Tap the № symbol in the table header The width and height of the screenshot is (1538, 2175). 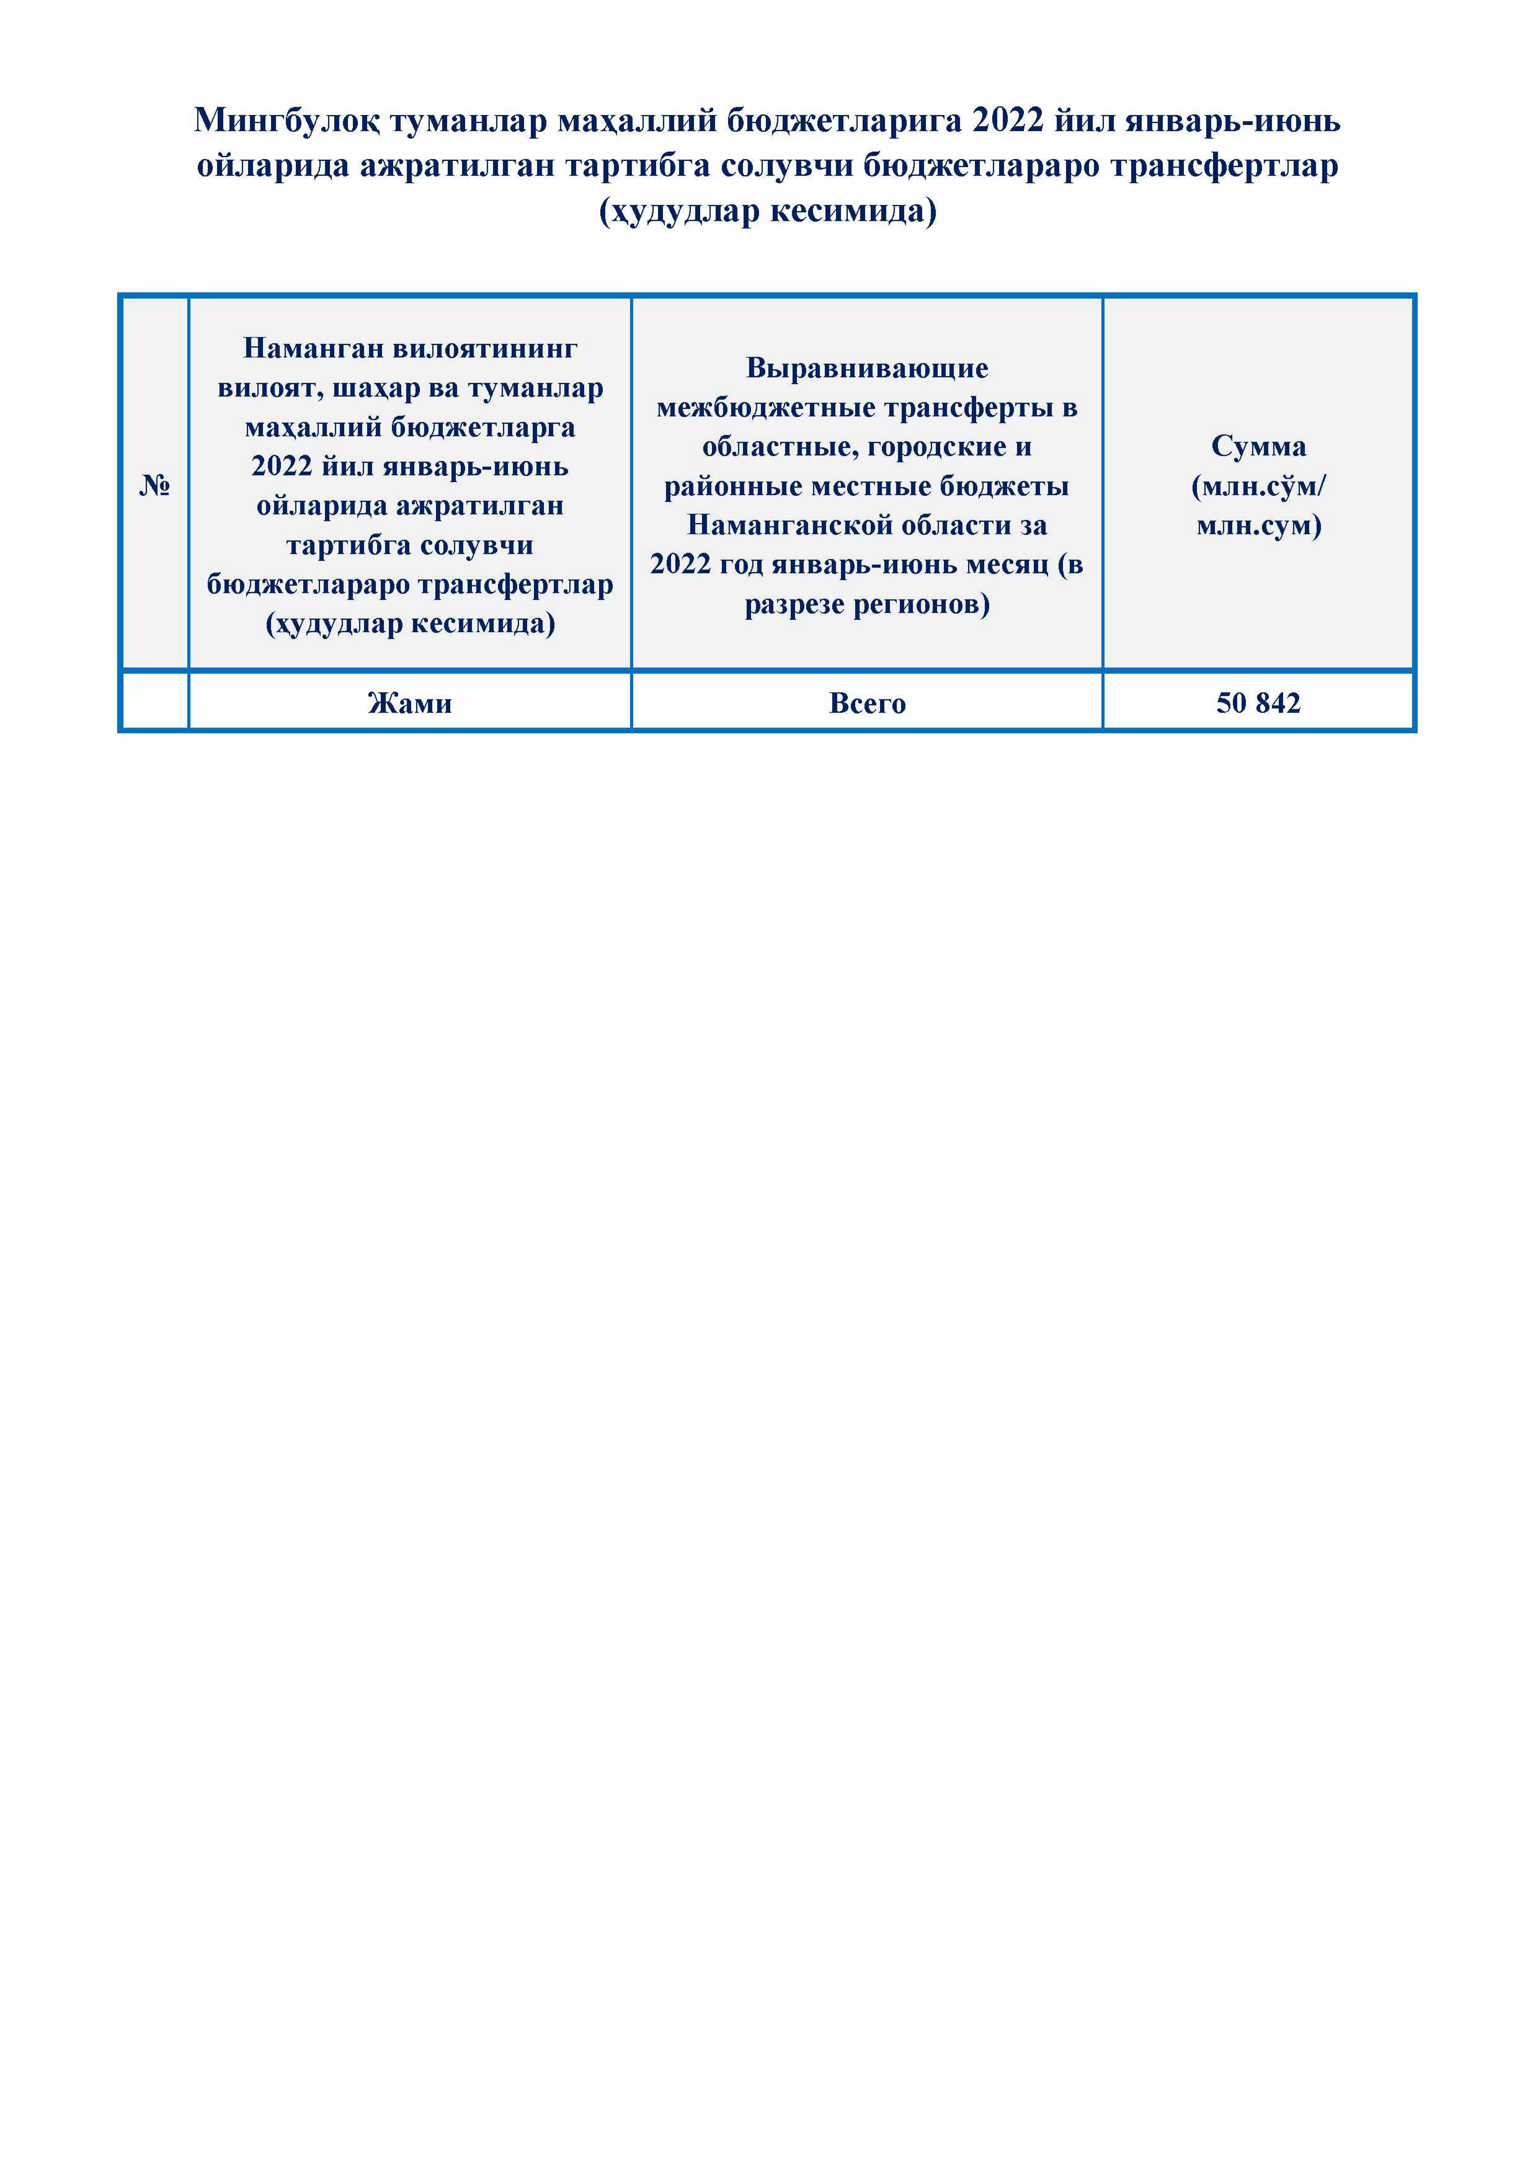(x=154, y=486)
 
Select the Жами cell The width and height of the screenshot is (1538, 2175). (x=409, y=703)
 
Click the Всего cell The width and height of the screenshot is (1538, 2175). (x=867, y=703)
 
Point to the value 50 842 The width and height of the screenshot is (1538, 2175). (x=1258, y=703)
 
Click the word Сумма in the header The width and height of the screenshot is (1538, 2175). (x=1258, y=446)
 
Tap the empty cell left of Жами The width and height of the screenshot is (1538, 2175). (x=154, y=703)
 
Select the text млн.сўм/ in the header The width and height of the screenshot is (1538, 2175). (x=1258, y=486)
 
